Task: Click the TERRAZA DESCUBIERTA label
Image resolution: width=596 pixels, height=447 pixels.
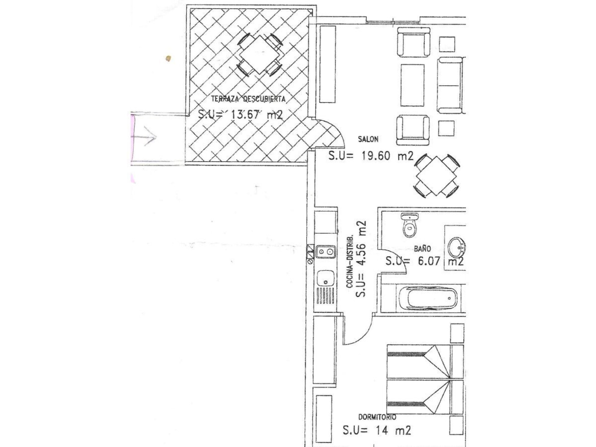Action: (248, 99)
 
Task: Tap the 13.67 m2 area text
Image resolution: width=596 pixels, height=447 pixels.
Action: (241, 115)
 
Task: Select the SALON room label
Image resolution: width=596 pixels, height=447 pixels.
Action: (368, 139)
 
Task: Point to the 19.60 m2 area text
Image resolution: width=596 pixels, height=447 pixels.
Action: (371, 156)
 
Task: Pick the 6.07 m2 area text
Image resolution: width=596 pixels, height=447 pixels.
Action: (425, 261)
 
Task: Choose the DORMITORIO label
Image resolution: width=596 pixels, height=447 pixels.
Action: (377, 417)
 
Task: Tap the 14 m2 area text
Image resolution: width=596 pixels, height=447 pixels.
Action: (377, 430)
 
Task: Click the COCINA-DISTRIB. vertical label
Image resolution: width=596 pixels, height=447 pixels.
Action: (350, 261)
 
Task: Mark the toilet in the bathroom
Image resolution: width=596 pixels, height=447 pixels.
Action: (410, 225)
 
